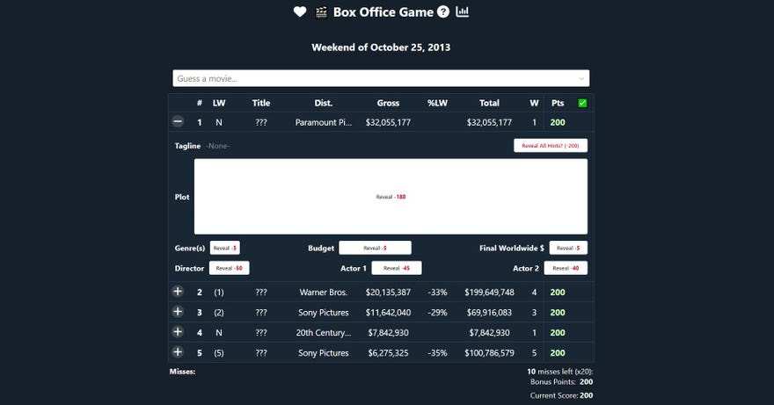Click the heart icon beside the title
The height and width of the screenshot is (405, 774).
pyautogui.click(x=300, y=12)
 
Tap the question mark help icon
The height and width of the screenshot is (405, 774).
pyautogui.click(x=443, y=12)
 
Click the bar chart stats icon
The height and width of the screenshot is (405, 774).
pyautogui.click(x=463, y=12)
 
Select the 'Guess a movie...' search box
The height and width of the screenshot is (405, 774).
pyautogui.click(x=380, y=78)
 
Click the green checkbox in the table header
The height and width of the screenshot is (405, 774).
pyautogui.click(x=581, y=103)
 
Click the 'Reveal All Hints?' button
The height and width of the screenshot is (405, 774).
pyautogui.click(x=551, y=146)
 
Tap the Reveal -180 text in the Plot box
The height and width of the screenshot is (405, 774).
pyautogui.click(x=391, y=197)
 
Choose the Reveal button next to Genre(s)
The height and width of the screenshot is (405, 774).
pyautogui.click(x=225, y=248)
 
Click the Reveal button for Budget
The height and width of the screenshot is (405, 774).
pyautogui.click(x=375, y=248)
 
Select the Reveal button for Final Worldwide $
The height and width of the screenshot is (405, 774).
pyautogui.click(x=568, y=248)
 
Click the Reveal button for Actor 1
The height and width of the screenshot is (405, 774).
pyautogui.click(x=397, y=268)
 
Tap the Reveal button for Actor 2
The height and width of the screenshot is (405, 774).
pyautogui.click(x=566, y=268)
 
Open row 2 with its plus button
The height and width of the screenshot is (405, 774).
pyautogui.click(x=178, y=292)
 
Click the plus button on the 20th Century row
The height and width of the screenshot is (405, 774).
pyautogui.click(x=178, y=332)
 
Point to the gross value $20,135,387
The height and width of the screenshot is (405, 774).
pyautogui.click(x=388, y=292)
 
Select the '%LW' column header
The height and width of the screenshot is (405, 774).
pyautogui.click(x=438, y=103)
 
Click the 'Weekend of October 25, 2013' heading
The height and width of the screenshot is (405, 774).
pyautogui.click(x=381, y=47)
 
